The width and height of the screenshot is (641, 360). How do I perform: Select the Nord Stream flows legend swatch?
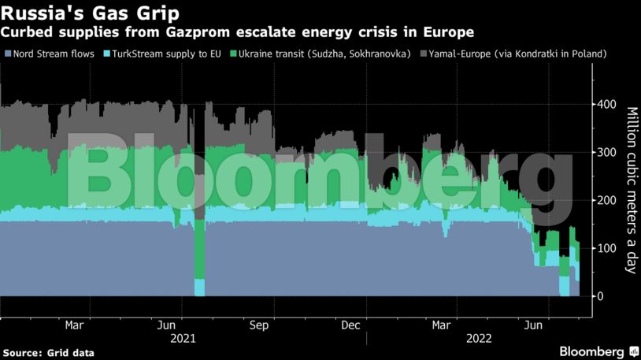point(7,54)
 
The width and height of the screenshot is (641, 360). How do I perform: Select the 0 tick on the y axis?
point(601,296)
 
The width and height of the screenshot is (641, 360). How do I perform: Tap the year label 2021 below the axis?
point(183,339)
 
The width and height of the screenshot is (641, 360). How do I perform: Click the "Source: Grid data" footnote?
point(49,352)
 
